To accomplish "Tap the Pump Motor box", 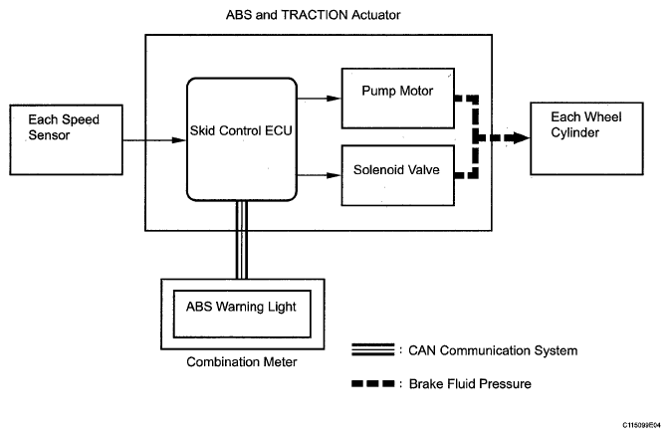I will click(x=397, y=99).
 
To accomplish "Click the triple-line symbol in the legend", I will click(x=374, y=349).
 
